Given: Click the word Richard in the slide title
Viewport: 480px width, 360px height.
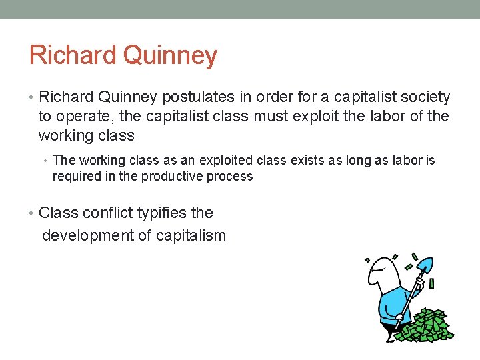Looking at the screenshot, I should point(72,55).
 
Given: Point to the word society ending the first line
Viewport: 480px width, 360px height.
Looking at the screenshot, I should point(426,97).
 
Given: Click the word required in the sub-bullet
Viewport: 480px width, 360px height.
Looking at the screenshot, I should point(75,176).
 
